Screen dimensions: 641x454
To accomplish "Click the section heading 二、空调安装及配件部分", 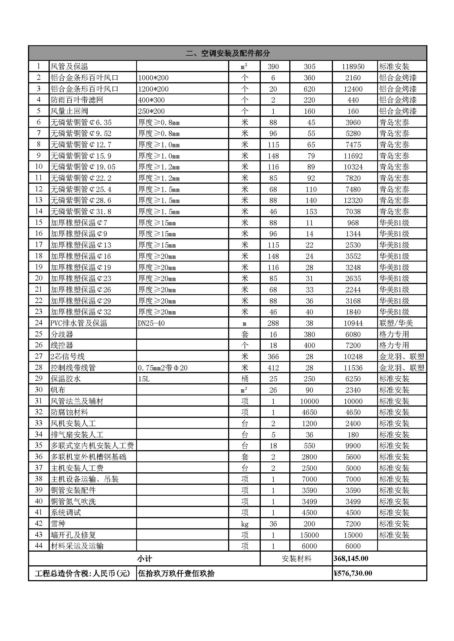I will tap(228, 53).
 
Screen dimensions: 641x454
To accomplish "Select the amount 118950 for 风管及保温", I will tap(353, 66).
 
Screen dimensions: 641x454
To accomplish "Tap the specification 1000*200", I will tap(153, 78).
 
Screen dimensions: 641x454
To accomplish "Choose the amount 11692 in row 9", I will tap(353, 156).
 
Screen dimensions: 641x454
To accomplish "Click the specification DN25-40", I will tap(151, 323).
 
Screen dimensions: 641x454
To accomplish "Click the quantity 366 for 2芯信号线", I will tap(273, 356).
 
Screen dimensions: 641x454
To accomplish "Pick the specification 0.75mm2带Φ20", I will tap(163, 368).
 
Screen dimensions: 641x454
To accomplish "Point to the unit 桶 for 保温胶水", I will tap(245, 379).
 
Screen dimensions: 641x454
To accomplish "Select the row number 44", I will tap(39, 546).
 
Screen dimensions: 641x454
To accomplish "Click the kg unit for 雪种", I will tap(245, 524).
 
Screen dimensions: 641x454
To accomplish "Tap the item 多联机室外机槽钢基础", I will tap(88, 457).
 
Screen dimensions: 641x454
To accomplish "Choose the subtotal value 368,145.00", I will tap(351, 558).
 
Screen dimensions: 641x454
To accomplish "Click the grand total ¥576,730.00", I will tap(353, 574).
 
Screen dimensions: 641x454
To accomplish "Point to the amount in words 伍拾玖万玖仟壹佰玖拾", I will tap(176, 574).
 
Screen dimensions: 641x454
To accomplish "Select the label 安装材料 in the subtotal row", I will tap(296, 559).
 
